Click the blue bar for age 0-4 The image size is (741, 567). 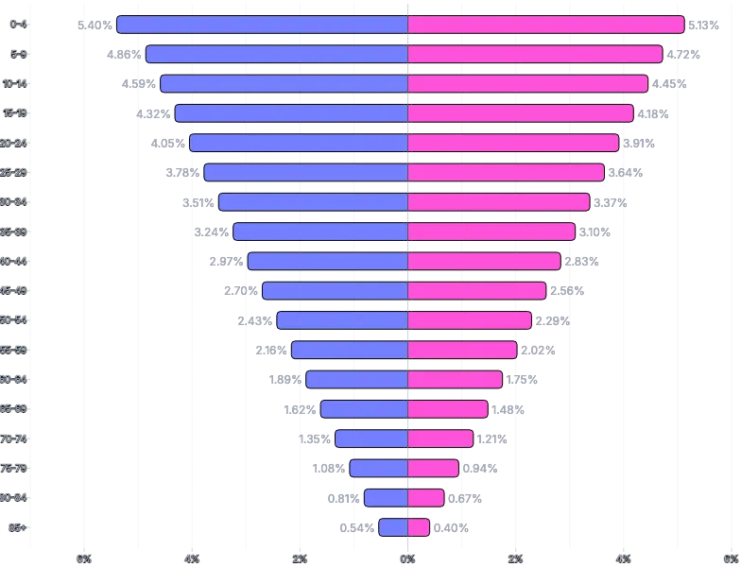[x=262, y=25]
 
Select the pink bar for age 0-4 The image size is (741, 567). [x=545, y=25]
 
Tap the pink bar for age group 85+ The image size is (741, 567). [x=419, y=527]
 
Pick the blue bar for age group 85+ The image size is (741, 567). [x=393, y=527]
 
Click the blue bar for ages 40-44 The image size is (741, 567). [x=327, y=261]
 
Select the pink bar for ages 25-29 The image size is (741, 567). [x=506, y=172]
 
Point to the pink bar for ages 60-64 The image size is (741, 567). [x=455, y=379]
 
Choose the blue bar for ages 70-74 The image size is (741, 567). [x=371, y=438]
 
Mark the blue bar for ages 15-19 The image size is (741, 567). [x=291, y=113]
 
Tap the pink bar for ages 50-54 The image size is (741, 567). [x=470, y=320]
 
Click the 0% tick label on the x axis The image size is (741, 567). [x=407, y=558]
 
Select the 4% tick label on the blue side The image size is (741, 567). [x=192, y=558]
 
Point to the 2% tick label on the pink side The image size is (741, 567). [x=515, y=558]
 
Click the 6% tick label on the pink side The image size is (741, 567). [x=731, y=558]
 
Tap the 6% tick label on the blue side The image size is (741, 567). [x=84, y=558]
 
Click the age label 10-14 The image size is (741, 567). [x=15, y=83]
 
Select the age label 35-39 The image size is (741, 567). [x=15, y=232]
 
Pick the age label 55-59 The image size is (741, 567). [x=15, y=350]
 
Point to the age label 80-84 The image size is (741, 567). [x=15, y=498]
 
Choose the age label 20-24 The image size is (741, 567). [x=15, y=143]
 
